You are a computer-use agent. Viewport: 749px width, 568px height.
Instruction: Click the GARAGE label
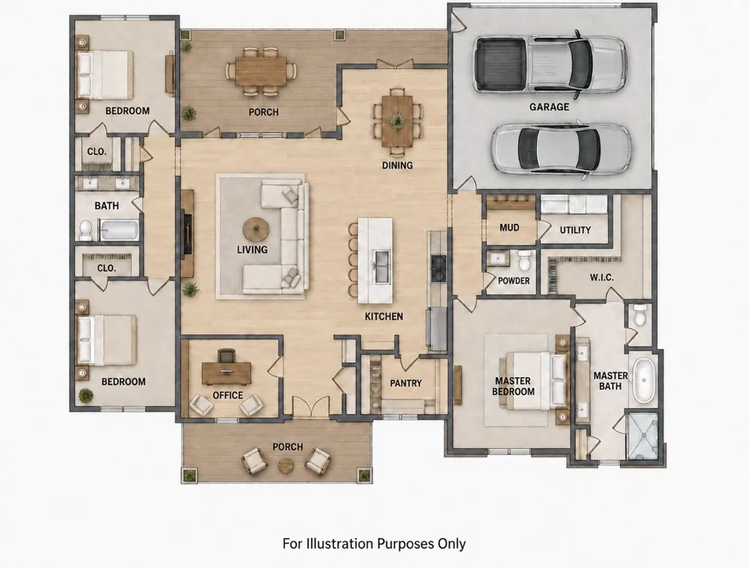coord(549,107)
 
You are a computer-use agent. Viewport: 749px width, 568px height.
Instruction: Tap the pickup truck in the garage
coord(551,64)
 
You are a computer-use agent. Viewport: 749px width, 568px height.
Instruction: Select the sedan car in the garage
coord(562,150)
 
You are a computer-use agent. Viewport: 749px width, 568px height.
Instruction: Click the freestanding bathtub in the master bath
coord(644,380)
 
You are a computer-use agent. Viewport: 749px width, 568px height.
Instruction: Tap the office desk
coord(226,373)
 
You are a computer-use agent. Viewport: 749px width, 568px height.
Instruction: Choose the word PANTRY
coord(405,383)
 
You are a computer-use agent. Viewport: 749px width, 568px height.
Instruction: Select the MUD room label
coord(509,227)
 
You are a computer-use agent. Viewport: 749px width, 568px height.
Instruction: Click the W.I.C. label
coord(601,278)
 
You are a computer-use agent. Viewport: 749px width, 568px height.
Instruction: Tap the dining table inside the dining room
coord(398,121)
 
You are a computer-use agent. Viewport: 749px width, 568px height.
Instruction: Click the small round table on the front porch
coord(285,465)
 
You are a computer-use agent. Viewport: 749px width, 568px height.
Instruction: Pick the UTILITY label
coord(575,230)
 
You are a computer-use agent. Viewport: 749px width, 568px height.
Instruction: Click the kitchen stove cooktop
coord(438,263)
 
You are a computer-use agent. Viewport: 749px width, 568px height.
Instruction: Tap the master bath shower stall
coord(643,436)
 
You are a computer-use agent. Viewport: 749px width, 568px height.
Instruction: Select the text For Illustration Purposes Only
coord(374,543)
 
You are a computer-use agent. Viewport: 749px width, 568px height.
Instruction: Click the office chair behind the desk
coord(226,355)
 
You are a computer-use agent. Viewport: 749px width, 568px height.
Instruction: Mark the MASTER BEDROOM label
coord(513,386)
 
